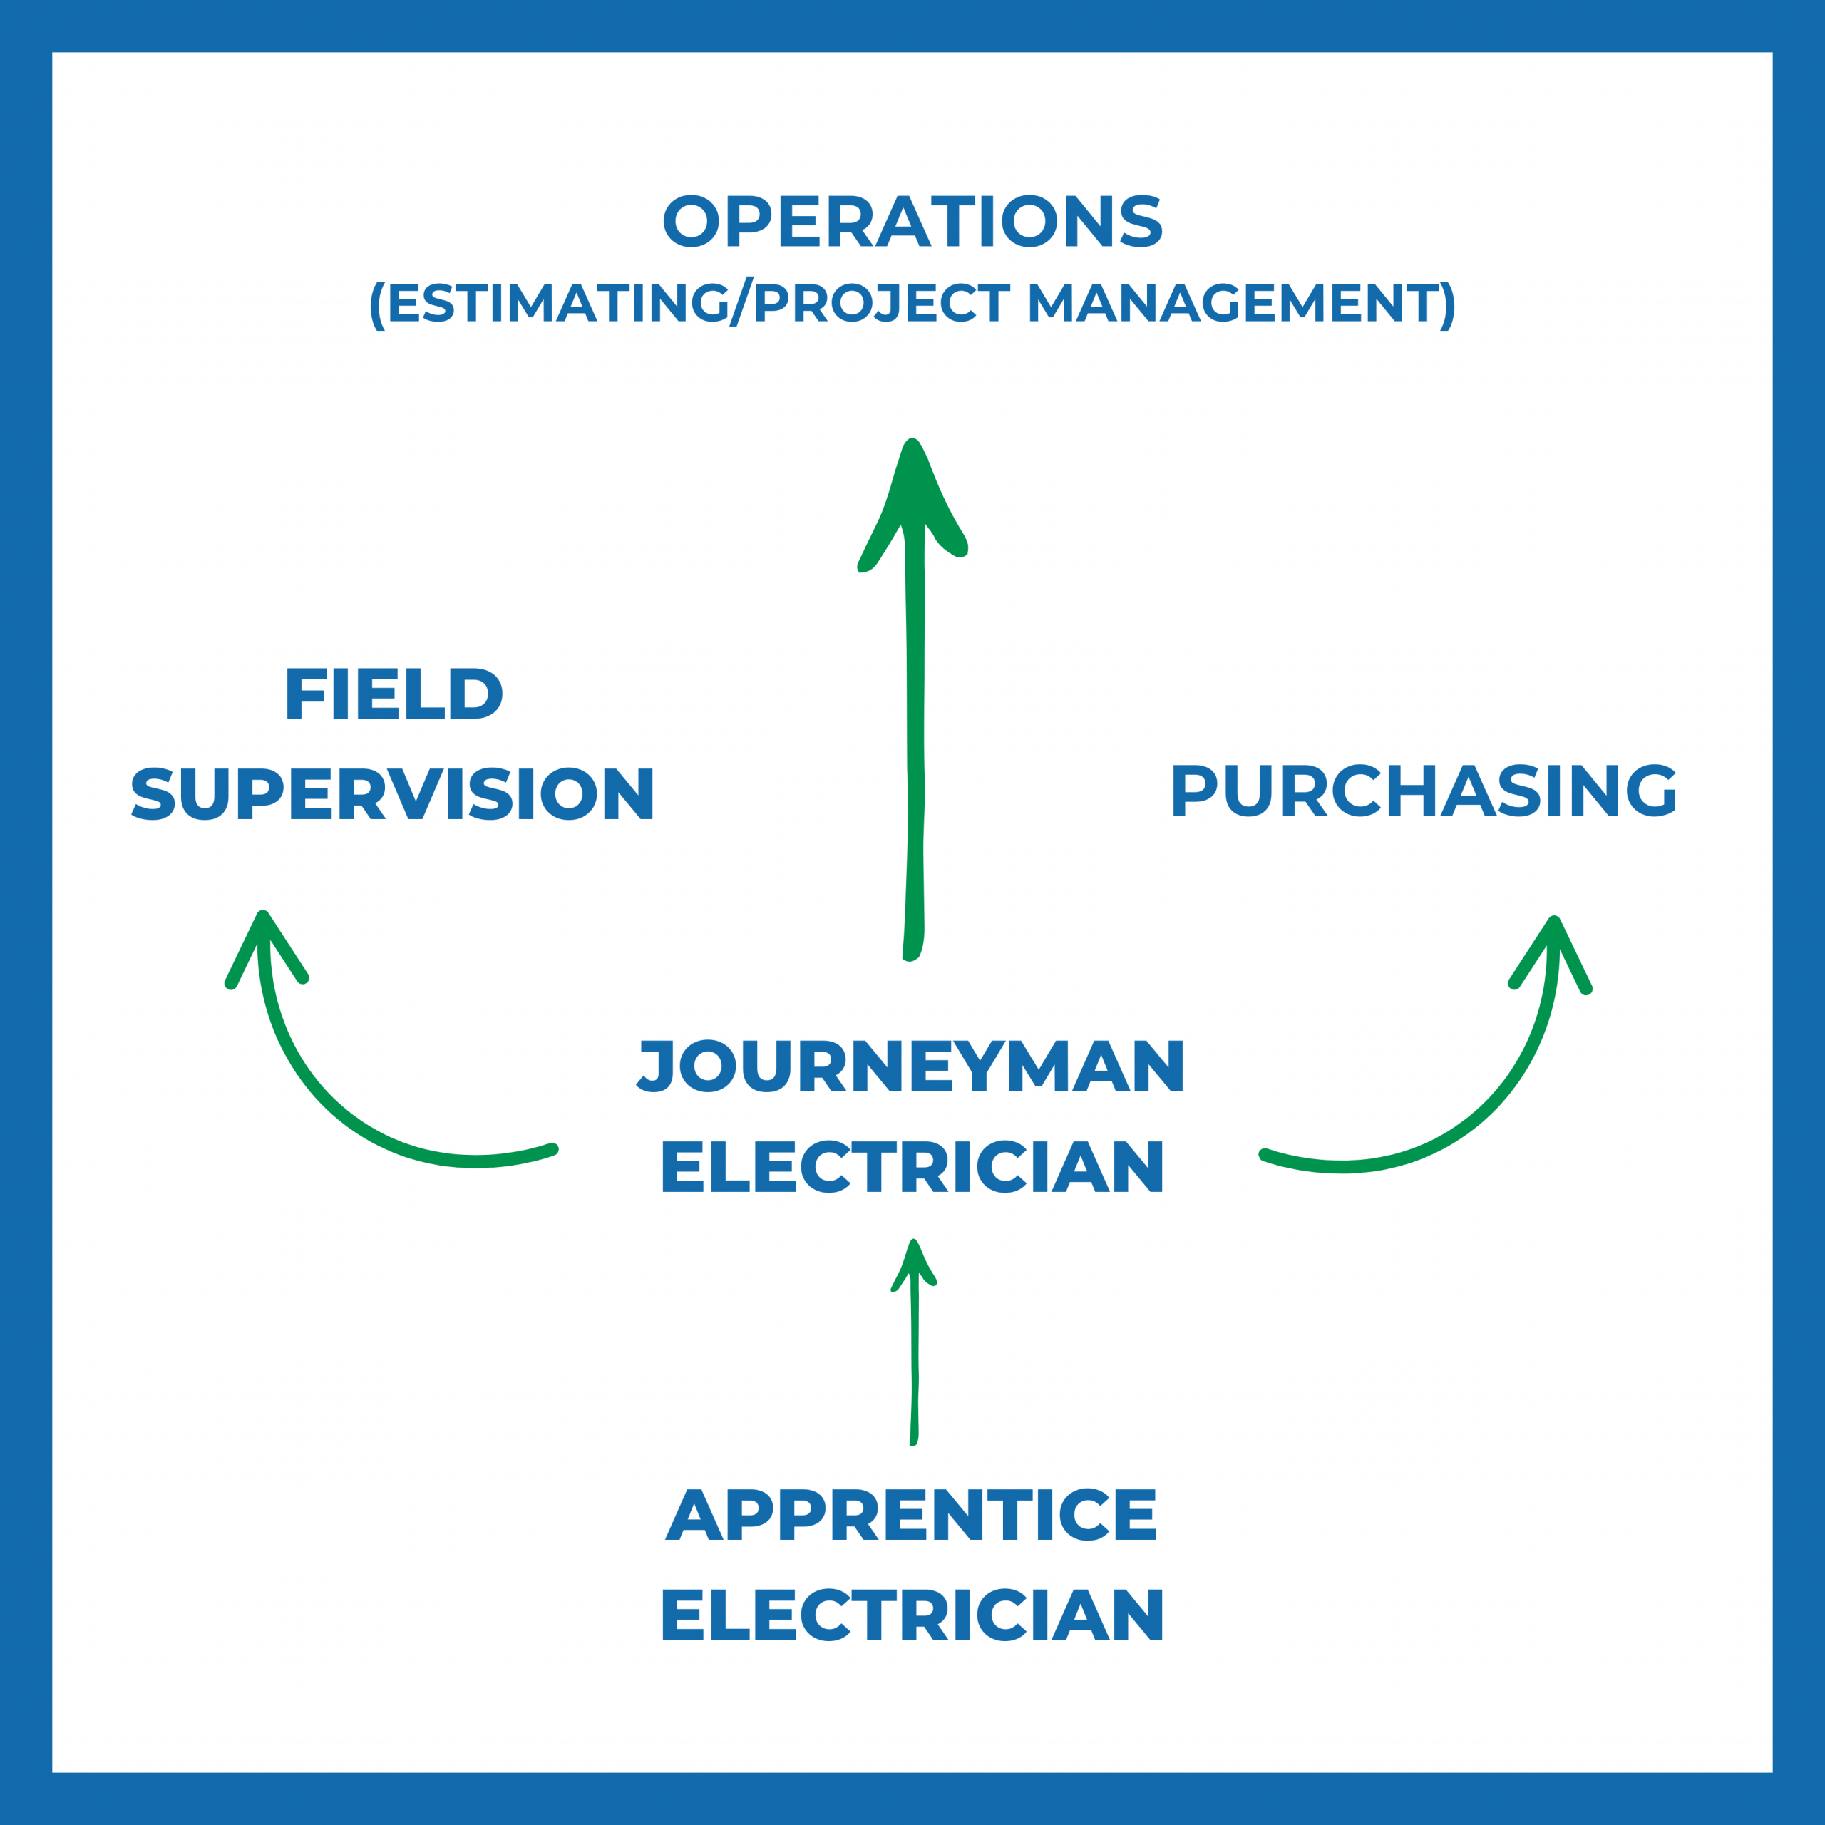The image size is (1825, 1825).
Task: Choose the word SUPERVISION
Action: pyautogui.click(x=393, y=793)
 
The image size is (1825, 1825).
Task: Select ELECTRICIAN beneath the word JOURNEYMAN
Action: pyautogui.click(x=912, y=1166)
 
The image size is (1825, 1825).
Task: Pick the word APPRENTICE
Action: pyautogui.click(x=912, y=1514)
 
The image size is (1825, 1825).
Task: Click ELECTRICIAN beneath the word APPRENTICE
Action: pyautogui.click(x=912, y=1615)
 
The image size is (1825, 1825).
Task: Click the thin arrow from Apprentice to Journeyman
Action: pyautogui.click(x=913, y=1360)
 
